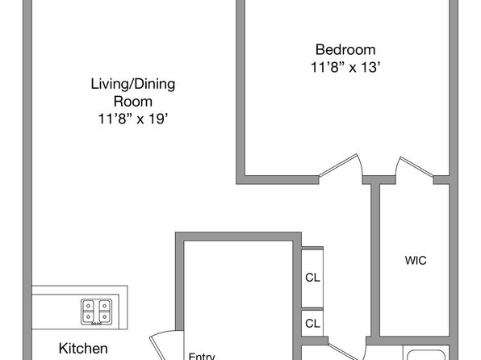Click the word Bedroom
click(x=345, y=50)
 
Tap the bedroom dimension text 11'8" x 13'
click(x=345, y=67)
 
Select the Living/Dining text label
click(x=133, y=84)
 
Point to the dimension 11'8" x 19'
click(x=133, y=119)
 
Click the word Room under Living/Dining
click(x=133, y=102)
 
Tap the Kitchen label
click(x=83, y=349)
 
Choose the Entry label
click(x=202, y=356)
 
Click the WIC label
click(x=416, y=261)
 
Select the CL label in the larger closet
click(x=312, y=278)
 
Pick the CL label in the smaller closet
click(x=312, y=323)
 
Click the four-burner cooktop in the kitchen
click(x=96, y=312)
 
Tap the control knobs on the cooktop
click(x=96, y=323)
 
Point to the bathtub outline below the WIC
click(x=426, y=355)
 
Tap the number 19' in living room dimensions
click(x=159, y=119)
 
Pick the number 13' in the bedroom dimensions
click(x=371, y=67)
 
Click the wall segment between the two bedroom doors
click(x=379, y=180)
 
